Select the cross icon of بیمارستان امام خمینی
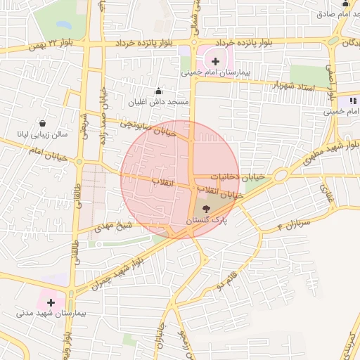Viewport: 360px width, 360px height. point(215,61)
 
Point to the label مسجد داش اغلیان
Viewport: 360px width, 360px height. point(159,103)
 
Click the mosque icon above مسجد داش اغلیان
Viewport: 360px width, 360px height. point(158,91)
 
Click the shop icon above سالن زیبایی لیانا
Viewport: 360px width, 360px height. point(42,122)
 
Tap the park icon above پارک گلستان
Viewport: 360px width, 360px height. point(206,209)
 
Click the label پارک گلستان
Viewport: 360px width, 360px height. point(206,221)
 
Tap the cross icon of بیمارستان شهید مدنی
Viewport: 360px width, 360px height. point(51,302)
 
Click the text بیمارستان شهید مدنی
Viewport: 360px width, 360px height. point(51,314)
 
